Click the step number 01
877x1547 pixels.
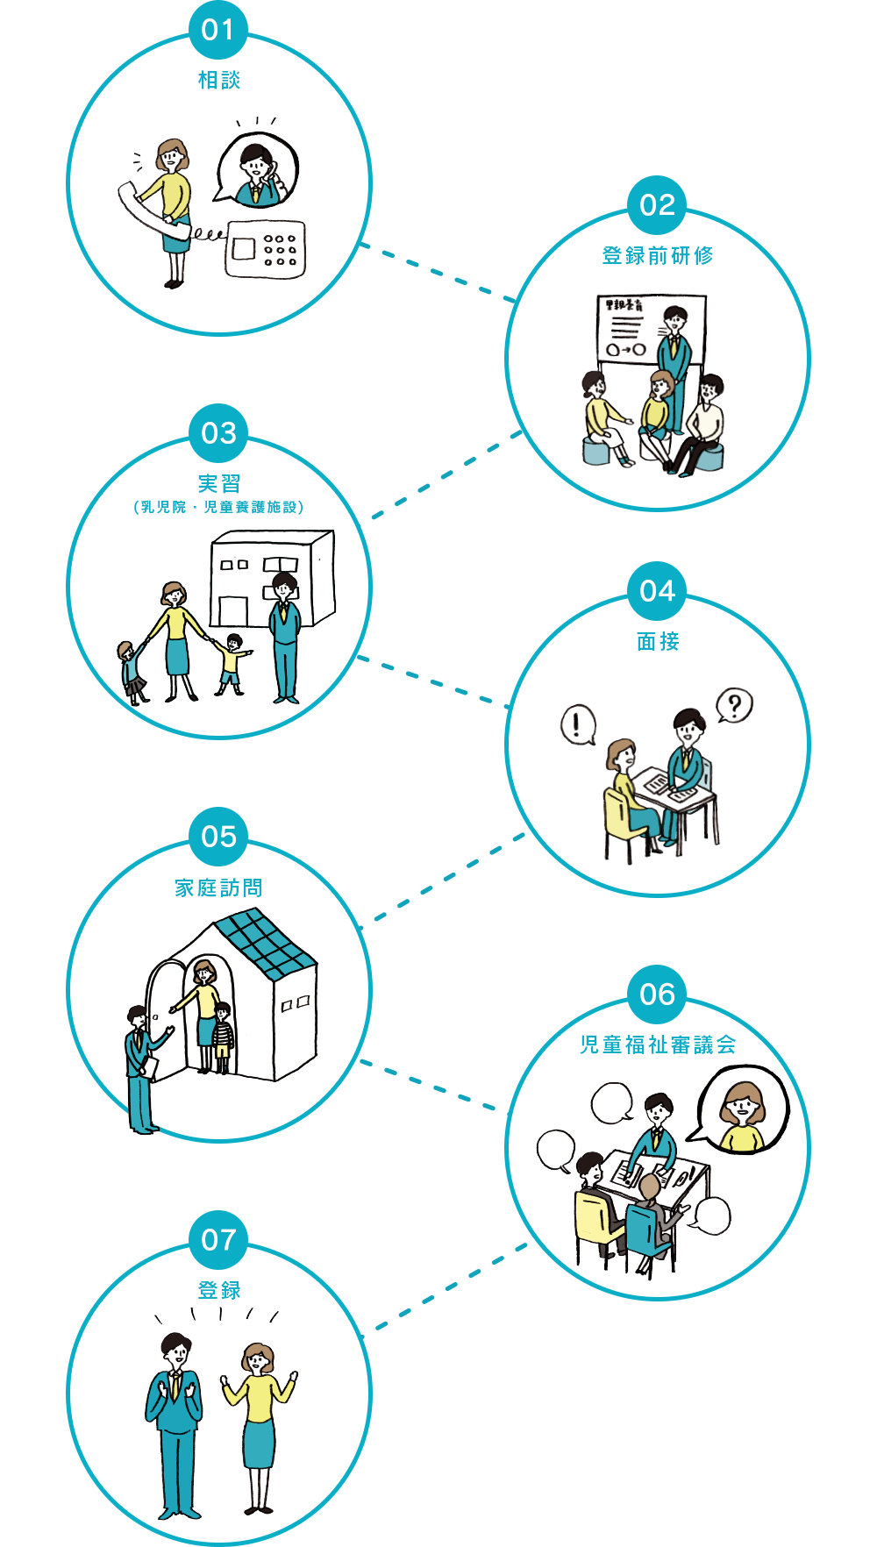pos(218,31)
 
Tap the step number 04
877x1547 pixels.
pos(657,591)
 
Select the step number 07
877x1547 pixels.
pos(218,1240)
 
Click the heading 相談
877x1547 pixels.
pos(219,80)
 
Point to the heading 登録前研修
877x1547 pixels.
pos(658,255)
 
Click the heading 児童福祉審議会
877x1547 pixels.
pos(658,1044)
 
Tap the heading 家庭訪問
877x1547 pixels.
pos(219,888)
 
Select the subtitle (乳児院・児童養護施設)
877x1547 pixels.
pos(219,507)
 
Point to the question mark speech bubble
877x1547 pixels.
pos(735,705)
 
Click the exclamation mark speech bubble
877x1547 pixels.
pos(577,725)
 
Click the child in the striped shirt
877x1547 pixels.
pos(224,1037)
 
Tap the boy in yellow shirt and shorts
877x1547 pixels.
pos(232,663)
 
